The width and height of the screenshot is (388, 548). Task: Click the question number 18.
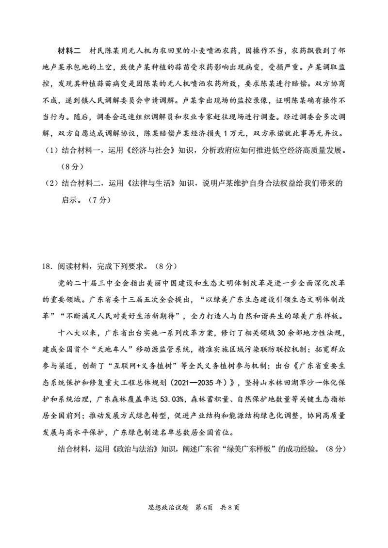47,266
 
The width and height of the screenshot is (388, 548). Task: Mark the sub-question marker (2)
51,183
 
